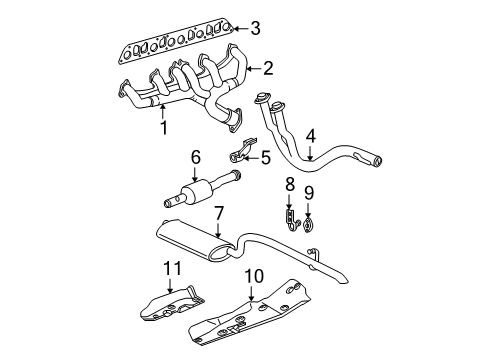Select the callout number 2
point(267,68)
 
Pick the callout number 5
point(265,156)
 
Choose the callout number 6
point(196,156)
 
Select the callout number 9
point(309,191)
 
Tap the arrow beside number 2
point(254,68)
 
